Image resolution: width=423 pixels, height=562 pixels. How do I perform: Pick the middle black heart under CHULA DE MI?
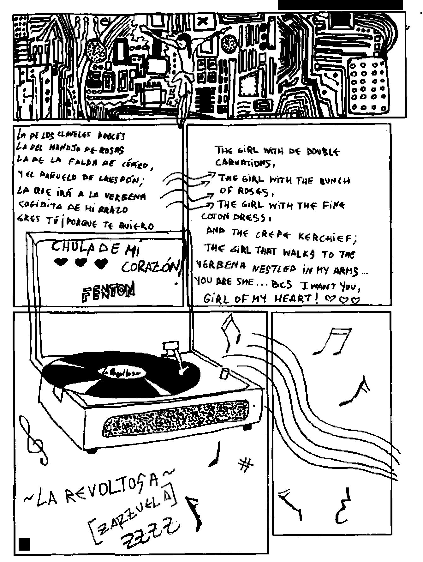[81, 262]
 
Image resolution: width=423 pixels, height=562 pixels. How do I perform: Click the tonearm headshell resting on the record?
[182, 369]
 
